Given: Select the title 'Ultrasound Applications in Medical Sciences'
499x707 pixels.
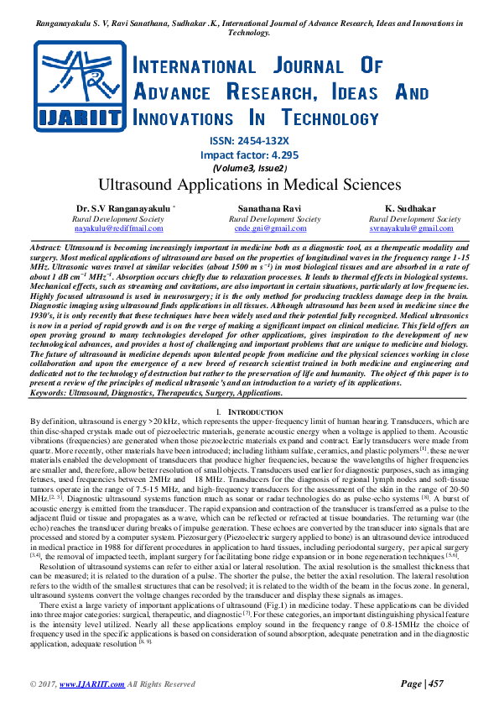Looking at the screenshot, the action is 249,182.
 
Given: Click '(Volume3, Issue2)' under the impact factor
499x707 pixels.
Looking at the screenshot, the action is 249,168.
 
